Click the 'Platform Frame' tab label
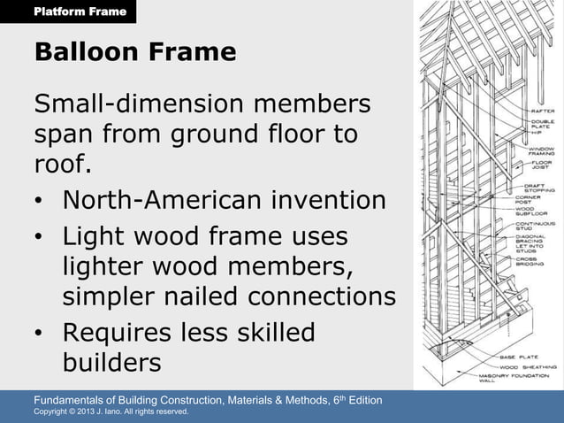click(x=80, y=12)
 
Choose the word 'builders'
click(x=111, y=363)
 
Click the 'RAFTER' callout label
click(x=542, y=111)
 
